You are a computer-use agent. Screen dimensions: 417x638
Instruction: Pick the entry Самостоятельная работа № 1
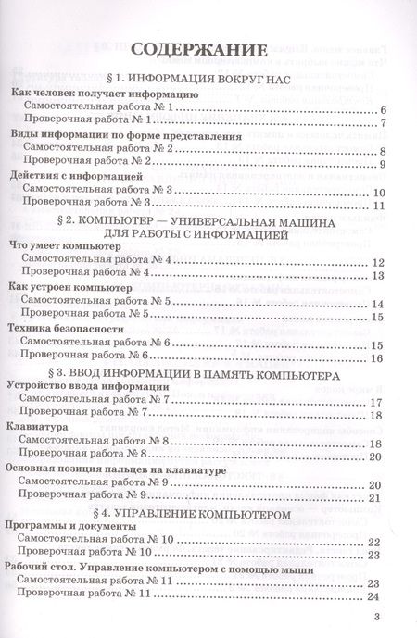tap(98, 109)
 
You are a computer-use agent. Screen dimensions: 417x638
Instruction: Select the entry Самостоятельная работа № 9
tap(98, 483)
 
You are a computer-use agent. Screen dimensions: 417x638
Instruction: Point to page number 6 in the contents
tap(382, 110)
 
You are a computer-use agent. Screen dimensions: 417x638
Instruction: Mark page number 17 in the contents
tap(377, 402)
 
